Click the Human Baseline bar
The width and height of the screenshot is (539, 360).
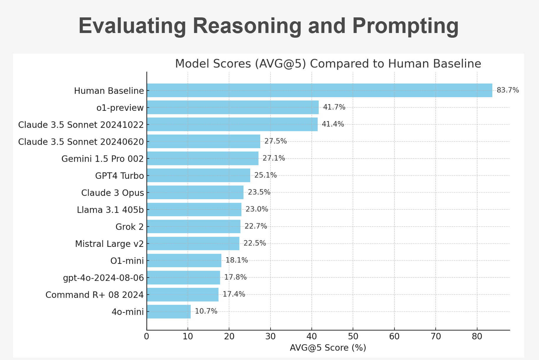click(x=319, y=90)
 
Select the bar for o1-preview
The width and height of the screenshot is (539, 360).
click(x=233, y=107)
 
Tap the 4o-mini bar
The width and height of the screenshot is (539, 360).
click(x=169, y=312)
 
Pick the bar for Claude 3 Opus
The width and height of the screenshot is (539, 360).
click(x=195, y=192)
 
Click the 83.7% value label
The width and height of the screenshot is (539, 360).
click(x=508, y=90)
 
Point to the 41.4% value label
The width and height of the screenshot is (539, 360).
click(x=333, y=124)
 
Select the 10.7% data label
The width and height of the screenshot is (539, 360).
click(x=206, y=311)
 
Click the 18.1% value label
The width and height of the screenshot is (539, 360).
click(x=237, y=260)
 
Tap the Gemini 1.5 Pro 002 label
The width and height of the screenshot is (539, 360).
click(x=102, y=159)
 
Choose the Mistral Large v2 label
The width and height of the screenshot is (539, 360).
click(x=109, y=244)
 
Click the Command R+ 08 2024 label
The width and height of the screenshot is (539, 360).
click(x=94, y=295)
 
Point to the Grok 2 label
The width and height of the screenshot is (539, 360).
click(x=130, y=227)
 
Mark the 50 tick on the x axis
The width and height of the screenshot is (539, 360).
click(x=353, y=336)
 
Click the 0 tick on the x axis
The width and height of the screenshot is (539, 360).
click(x=147, y=336)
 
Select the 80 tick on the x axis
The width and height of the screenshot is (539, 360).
click(x=477, y=336)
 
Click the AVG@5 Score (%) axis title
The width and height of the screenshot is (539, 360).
click(x=328, y=348)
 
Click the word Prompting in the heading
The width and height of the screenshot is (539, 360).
click(x=405, y=26)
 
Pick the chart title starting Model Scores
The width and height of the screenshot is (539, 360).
click(x=328, y=64)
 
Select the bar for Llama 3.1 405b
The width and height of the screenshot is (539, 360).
click(x=194, y=209)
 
